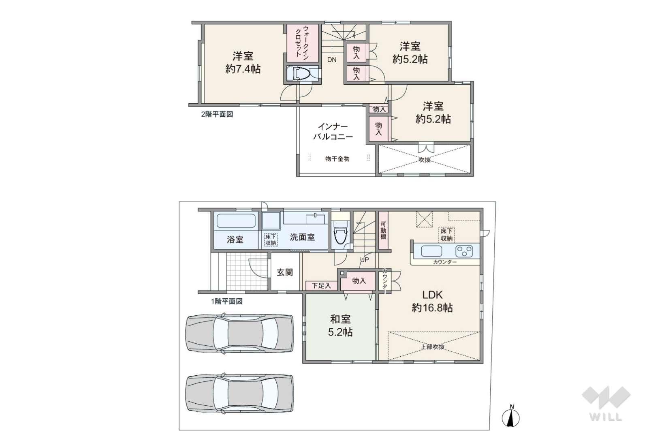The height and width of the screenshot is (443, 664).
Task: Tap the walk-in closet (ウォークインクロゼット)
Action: [302, 43]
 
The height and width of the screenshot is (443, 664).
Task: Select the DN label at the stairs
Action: [332, 60]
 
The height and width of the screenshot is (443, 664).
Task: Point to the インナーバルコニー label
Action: [333, 132]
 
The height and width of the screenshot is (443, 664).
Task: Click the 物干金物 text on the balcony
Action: [337, 158]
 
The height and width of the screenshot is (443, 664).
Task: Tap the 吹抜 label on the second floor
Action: [425, 160]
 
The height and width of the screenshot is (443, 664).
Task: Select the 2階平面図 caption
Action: [217, 114]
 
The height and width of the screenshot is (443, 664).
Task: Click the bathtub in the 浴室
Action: [236, 221]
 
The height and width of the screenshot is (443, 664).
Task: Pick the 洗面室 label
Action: [302, 237]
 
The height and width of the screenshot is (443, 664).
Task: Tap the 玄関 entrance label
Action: [285, 272]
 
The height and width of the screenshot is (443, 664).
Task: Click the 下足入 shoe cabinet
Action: [322, 286]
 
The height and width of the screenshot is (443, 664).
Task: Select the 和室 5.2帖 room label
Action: [340, 326]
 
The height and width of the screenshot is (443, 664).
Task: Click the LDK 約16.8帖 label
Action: [432, 301]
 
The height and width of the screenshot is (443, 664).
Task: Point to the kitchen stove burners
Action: [464, 251]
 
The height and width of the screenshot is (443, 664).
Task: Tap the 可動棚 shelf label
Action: [383, 230]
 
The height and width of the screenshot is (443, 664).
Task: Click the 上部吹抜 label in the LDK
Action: [433, 347]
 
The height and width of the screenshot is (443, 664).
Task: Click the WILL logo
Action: [606, 403]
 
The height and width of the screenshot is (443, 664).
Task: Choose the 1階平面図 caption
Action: [227, 301]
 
